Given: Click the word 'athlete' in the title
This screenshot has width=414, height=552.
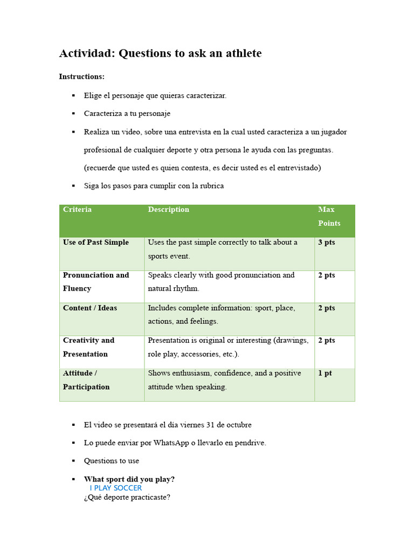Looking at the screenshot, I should tap(241, 53).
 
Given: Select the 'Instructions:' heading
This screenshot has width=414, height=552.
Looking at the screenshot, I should tap(81, 77).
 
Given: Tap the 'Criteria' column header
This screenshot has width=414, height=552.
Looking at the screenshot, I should tap(77, 210).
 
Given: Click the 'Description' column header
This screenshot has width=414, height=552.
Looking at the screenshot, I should tap(168, 210).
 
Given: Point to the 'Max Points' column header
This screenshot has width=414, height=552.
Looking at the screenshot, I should tap(329, 216).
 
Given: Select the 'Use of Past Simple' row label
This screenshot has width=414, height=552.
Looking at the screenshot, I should tap(95, 243).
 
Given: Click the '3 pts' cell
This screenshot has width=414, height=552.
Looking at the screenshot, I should tap(326, 243).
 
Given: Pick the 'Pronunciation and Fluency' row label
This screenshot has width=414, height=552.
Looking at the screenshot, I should tap(95, 281).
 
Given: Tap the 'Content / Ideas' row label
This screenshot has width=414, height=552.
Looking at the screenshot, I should tap(89, 308).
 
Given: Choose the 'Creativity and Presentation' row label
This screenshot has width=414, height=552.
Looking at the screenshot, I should tap(88, 347).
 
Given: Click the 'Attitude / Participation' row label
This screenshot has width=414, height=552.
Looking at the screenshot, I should tap(86, 379).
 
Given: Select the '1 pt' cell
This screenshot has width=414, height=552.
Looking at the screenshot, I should tap(325, 373).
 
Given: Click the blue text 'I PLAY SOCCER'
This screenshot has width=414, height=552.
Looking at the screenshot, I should tap(116, 488).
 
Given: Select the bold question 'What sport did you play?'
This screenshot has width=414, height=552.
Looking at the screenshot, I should tap(129, 479).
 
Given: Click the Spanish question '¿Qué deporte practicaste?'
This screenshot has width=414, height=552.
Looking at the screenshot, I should tap(127, 497).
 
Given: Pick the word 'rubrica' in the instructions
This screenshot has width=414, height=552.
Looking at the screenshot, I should tap(211, 186).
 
